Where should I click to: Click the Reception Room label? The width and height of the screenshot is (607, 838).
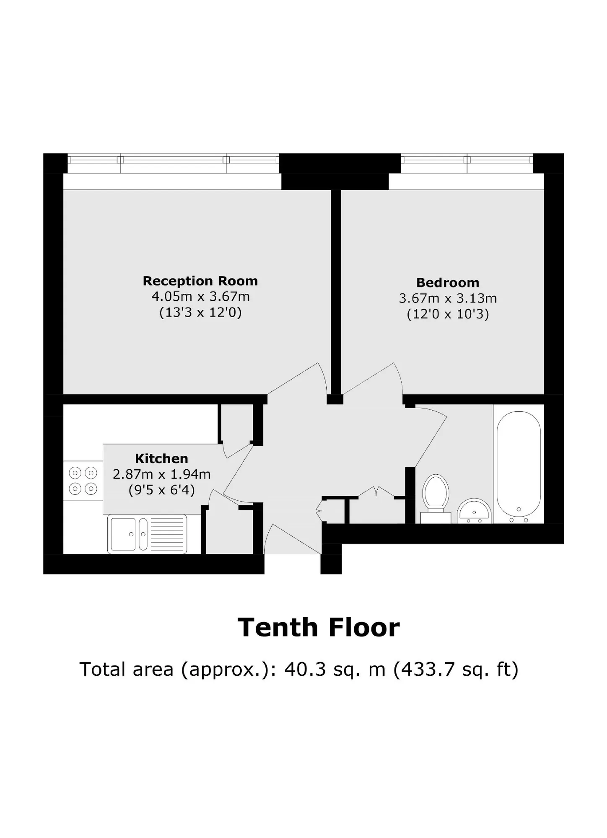(x=200, y=281)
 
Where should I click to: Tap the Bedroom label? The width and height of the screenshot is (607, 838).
(x=448, y=283)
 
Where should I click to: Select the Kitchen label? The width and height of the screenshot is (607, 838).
(x=161, y=458)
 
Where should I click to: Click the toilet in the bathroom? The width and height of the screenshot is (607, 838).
(x=436, y=499)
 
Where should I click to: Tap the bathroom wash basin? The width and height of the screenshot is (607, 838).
(x=474, y=511)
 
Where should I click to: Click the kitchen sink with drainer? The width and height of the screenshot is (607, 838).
(x=147, y=534)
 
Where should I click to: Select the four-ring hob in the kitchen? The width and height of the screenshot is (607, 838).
(x=83, y=481)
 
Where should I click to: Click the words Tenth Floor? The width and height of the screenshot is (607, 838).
(x=319, y=628)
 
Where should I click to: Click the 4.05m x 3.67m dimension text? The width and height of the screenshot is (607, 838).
(x=200, y=297)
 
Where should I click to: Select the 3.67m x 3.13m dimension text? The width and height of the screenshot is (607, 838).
(x=448, y=298)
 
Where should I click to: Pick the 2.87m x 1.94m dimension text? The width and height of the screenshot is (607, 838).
(x=161, y=474)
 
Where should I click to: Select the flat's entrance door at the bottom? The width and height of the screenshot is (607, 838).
(x=293, y=538)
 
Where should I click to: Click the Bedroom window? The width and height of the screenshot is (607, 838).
(x=467, y=163)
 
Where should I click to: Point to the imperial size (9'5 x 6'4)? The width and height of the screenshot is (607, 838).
(x=161, y=490)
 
